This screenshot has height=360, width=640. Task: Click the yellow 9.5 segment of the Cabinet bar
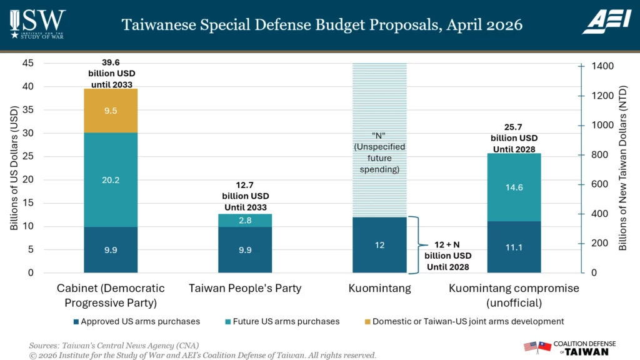(111, 111)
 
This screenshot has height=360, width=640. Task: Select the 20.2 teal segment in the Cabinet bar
(111, 180)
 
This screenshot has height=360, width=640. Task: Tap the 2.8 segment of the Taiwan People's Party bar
(245, 220)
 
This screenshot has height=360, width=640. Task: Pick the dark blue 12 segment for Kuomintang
(379, 245)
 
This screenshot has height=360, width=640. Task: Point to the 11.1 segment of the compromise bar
(514, 247)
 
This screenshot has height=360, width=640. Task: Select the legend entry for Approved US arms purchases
(137, 321)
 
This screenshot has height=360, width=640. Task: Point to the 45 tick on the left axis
(28, 63)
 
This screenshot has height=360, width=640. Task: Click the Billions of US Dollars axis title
(14, 168)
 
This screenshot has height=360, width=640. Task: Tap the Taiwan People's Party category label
(245, 288)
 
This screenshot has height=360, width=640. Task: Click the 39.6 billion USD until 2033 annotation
(111, 74)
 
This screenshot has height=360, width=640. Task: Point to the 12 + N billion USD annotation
(447, 256)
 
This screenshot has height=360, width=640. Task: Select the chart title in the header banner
(322, 25)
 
